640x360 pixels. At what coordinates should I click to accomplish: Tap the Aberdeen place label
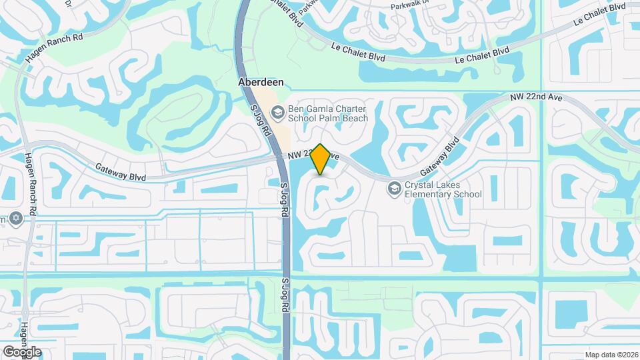coord(261,82)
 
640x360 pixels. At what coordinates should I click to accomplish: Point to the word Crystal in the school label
coord(420,185)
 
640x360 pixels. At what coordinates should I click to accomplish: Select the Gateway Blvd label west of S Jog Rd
coord(121,173)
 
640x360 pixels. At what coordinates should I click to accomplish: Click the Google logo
coord(22,351)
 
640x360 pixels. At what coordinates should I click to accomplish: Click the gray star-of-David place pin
coord(15,219)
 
